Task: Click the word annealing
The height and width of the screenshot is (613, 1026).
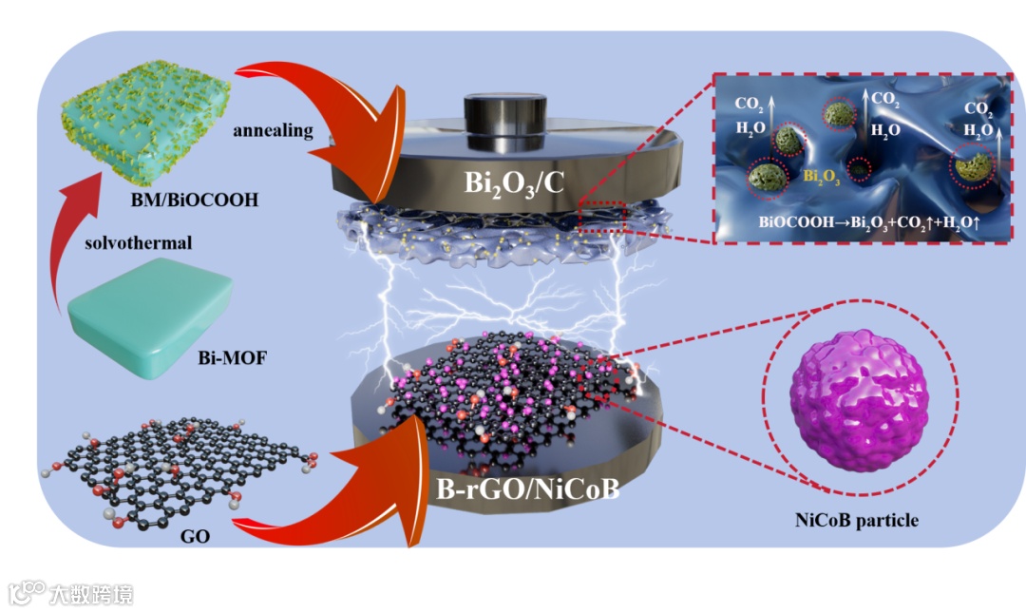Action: pos(273,131)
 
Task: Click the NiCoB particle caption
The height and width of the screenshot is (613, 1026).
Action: pos(857,520)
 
